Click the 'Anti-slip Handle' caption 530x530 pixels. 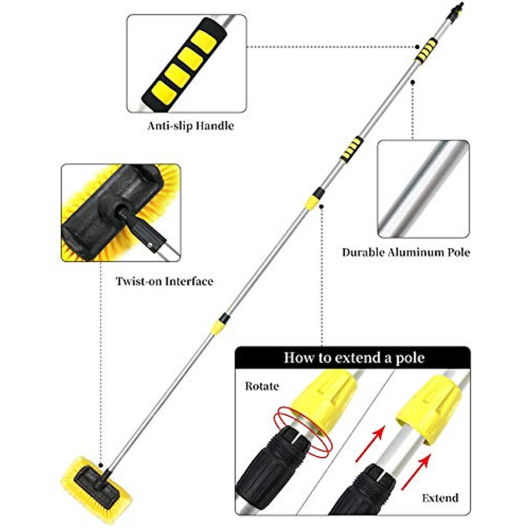190,126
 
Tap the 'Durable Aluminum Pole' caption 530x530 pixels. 406,253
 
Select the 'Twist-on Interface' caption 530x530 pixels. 164,281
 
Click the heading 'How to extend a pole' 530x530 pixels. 354,357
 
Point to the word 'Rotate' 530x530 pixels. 262,386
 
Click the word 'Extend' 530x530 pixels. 440,498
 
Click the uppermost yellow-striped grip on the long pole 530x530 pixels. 426,50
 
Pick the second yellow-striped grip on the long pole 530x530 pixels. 352,149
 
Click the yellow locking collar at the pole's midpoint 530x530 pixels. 312,201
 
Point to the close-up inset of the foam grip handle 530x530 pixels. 186,63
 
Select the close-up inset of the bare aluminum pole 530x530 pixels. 423,189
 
